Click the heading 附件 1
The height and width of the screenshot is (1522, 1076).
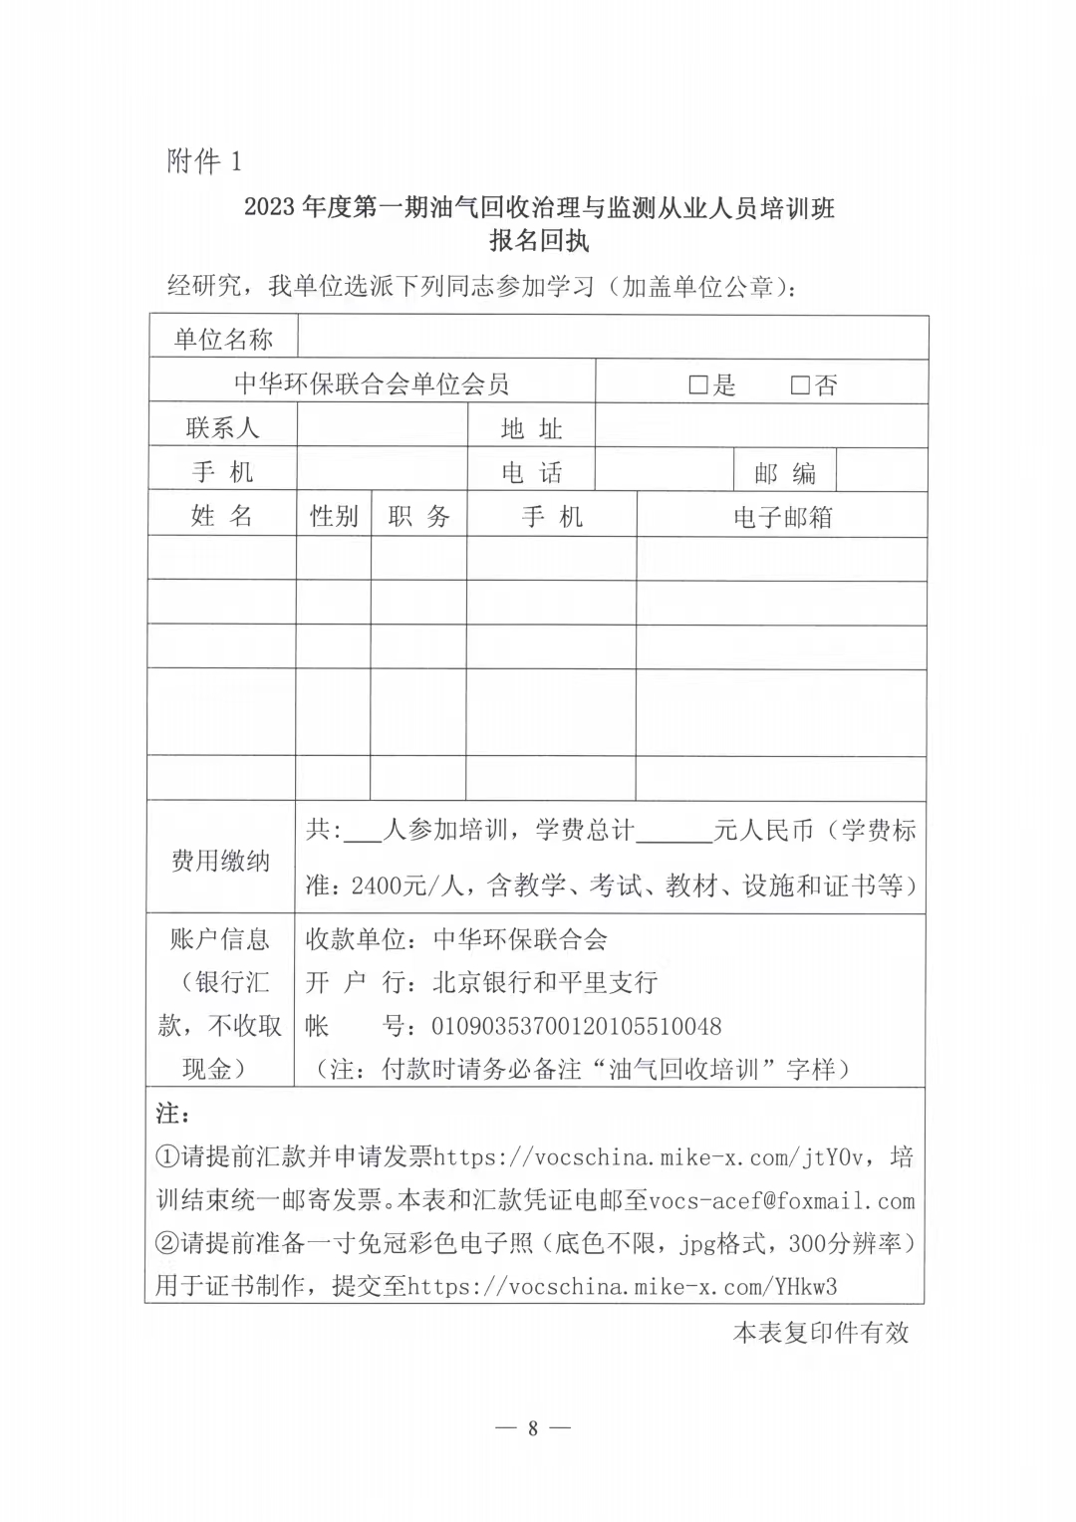(204, 160)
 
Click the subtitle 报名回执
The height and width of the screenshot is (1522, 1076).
(539, 241)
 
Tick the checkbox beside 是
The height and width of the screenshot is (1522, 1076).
(697, 385)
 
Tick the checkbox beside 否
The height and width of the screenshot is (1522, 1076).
(799, 385)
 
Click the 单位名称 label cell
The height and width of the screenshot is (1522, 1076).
(222, 340)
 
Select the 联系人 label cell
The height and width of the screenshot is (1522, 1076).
(222, 428)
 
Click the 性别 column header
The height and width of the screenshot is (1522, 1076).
(334, 516)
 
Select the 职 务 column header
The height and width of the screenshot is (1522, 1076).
(418, 516)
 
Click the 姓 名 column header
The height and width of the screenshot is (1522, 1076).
(221, 516)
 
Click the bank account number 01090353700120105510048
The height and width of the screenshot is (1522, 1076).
(576, 1026)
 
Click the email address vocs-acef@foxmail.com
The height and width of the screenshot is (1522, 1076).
(781, 1201)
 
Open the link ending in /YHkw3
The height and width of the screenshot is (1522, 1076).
(623, 1286)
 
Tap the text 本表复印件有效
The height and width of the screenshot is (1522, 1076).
(821, 1333)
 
